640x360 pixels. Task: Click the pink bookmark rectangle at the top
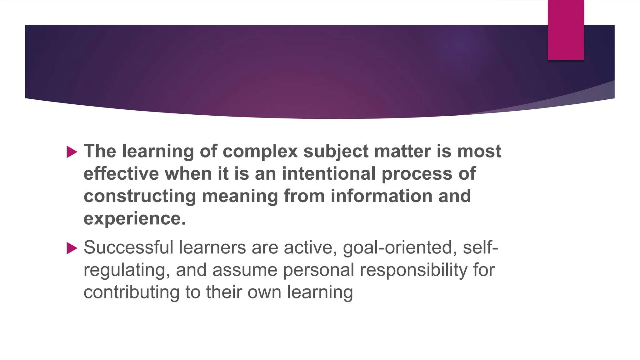[566, 30]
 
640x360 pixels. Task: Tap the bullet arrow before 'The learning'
[72, 152]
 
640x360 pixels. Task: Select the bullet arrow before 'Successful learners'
[72, 248]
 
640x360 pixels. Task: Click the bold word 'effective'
[121, 174]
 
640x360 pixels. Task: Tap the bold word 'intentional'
[328, 174]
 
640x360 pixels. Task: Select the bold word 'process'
[417, 174]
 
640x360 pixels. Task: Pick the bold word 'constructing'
[140, 197]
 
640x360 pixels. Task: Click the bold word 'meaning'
[240, 197]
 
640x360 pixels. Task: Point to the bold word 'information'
[382, 196]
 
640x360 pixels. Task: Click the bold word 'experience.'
[135, 219]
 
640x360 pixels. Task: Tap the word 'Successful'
[128, 247]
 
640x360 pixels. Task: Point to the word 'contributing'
[131, 292]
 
